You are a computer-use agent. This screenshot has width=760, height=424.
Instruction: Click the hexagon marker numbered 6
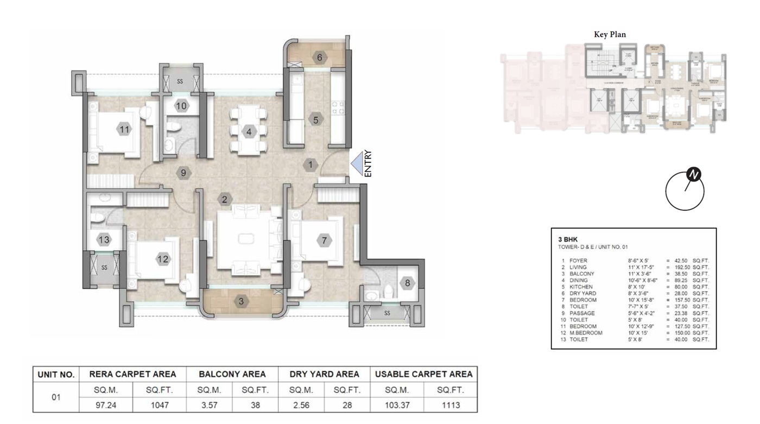pos(319,58)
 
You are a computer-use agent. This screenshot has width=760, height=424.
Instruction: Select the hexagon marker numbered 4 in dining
pos(249,131)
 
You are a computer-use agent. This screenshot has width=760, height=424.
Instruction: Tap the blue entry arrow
pos(357,163)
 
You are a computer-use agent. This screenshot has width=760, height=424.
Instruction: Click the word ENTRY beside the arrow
pos(368,163)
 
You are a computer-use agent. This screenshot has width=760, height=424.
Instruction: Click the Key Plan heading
pos(610,34)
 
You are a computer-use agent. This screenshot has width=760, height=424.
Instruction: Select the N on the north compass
pos(693,175)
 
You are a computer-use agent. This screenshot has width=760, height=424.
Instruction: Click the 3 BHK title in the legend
pos(567,239)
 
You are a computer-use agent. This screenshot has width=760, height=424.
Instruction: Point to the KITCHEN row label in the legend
pos(581,287)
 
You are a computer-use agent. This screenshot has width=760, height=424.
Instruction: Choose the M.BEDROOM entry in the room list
pos(586,333)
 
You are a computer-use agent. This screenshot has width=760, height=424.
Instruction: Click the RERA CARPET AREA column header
pos(132,374)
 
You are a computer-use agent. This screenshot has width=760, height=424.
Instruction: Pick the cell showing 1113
pos(450,405)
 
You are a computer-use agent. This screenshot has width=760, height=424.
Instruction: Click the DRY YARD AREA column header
pos(325,374)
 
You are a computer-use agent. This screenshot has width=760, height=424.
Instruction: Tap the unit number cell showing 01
pos(56,397)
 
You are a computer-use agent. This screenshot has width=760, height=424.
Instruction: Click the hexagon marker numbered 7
pos(324,240)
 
